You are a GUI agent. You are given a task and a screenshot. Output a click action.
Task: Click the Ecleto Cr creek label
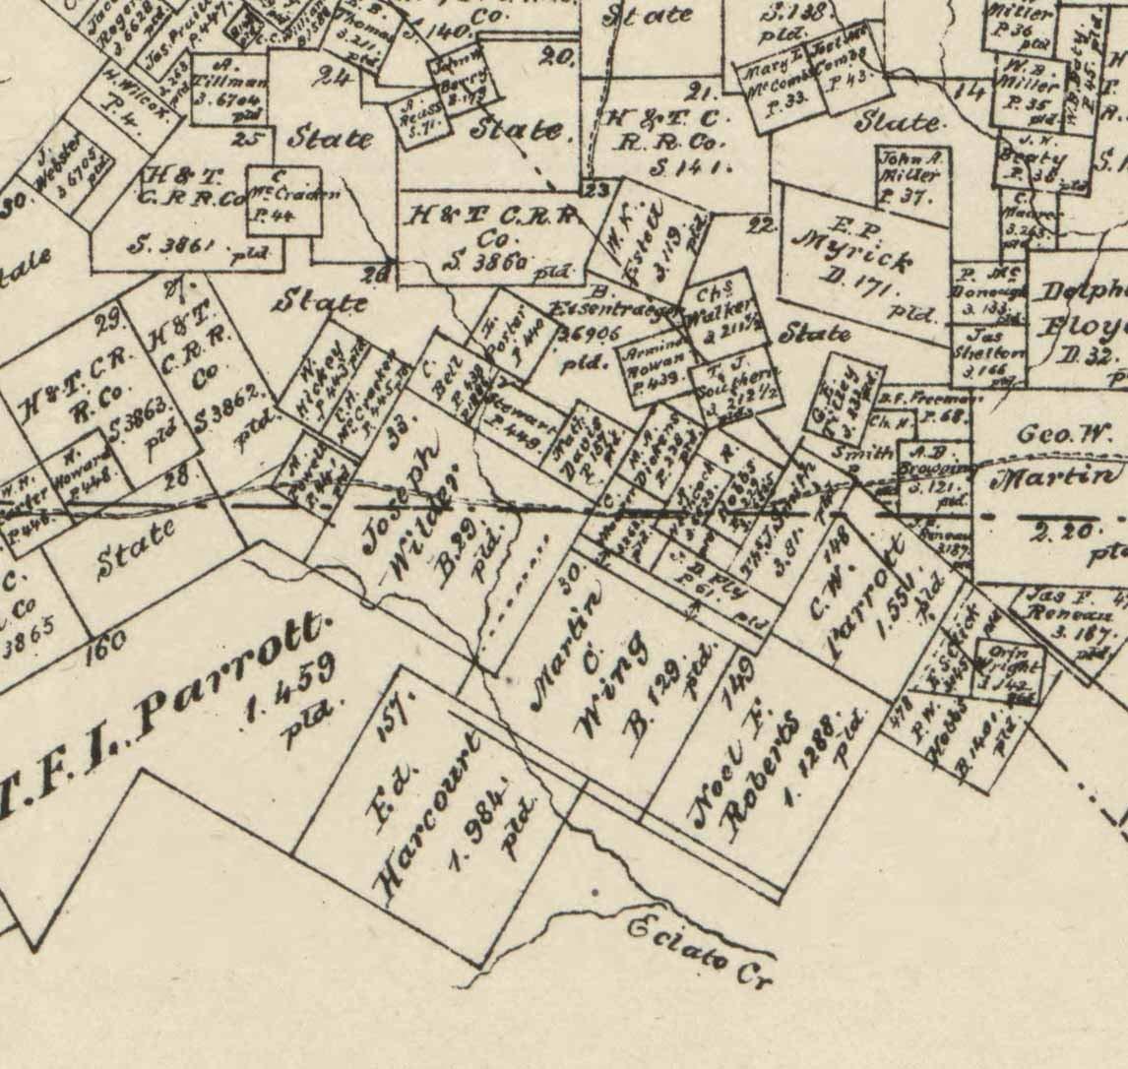pyautogui.click(x=701, y=947)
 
